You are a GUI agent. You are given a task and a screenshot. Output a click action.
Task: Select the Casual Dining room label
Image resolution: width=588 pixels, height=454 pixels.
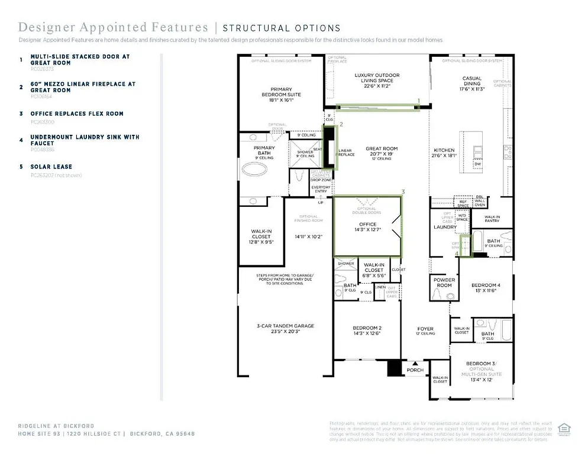point(472,83)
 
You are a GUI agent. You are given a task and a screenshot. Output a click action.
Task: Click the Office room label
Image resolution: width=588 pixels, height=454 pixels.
point(367,227)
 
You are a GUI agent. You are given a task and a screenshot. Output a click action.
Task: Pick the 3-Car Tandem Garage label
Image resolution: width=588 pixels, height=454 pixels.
point(286,329)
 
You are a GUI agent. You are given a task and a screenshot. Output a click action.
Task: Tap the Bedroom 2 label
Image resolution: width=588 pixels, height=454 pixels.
point(367,332)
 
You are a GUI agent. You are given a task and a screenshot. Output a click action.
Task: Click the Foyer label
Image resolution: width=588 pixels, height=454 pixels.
point(425,331)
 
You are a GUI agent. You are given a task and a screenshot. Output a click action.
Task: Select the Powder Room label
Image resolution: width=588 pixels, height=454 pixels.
point(444,283)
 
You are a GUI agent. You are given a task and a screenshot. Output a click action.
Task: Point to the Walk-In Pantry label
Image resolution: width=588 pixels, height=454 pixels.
point(492,219)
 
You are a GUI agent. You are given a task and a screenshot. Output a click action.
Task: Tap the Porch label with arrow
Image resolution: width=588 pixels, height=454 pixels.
point(415,369)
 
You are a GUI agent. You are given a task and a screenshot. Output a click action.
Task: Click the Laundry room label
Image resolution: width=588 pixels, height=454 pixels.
point(445,227)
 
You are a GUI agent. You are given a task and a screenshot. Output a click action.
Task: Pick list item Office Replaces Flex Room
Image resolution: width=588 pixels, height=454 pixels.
point(77,113)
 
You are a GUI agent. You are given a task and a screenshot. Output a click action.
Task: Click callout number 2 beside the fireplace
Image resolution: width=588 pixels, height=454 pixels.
point(341,125)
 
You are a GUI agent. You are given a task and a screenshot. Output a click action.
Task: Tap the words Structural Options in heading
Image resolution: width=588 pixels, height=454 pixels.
point(282,28)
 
